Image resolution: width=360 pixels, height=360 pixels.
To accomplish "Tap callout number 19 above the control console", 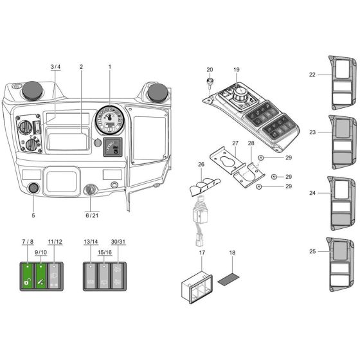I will pos(236,69).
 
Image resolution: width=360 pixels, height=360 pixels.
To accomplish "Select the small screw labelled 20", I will pos(210,82).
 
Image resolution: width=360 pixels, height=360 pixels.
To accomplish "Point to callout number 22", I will pos(312,75).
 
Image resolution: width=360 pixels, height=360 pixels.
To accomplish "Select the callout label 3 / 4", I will pos(55,67).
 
